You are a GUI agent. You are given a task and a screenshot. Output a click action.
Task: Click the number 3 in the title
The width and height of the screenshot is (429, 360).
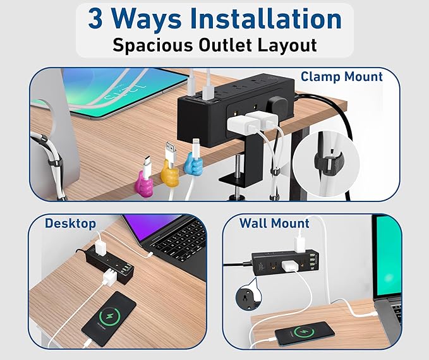tap(95, 20)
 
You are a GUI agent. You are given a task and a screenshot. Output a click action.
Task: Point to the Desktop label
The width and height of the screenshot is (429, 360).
tap(70, 223)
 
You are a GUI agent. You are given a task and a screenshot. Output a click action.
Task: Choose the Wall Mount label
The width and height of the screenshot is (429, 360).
tap(274, 223)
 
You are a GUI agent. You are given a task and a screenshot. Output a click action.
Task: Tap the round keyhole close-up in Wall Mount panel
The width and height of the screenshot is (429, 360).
tap(246, 297)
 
